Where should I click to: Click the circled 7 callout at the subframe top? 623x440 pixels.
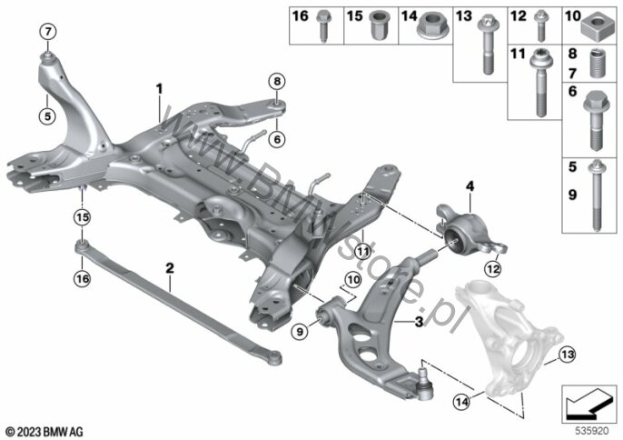(47, 34)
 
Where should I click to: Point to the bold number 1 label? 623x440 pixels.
(158, 89)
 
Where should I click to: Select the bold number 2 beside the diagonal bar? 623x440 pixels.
(169, 268)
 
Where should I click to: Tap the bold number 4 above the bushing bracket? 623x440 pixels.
(470, 186)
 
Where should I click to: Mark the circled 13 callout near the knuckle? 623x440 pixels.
(568, 355)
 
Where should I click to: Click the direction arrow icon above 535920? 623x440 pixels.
(588, 399)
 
